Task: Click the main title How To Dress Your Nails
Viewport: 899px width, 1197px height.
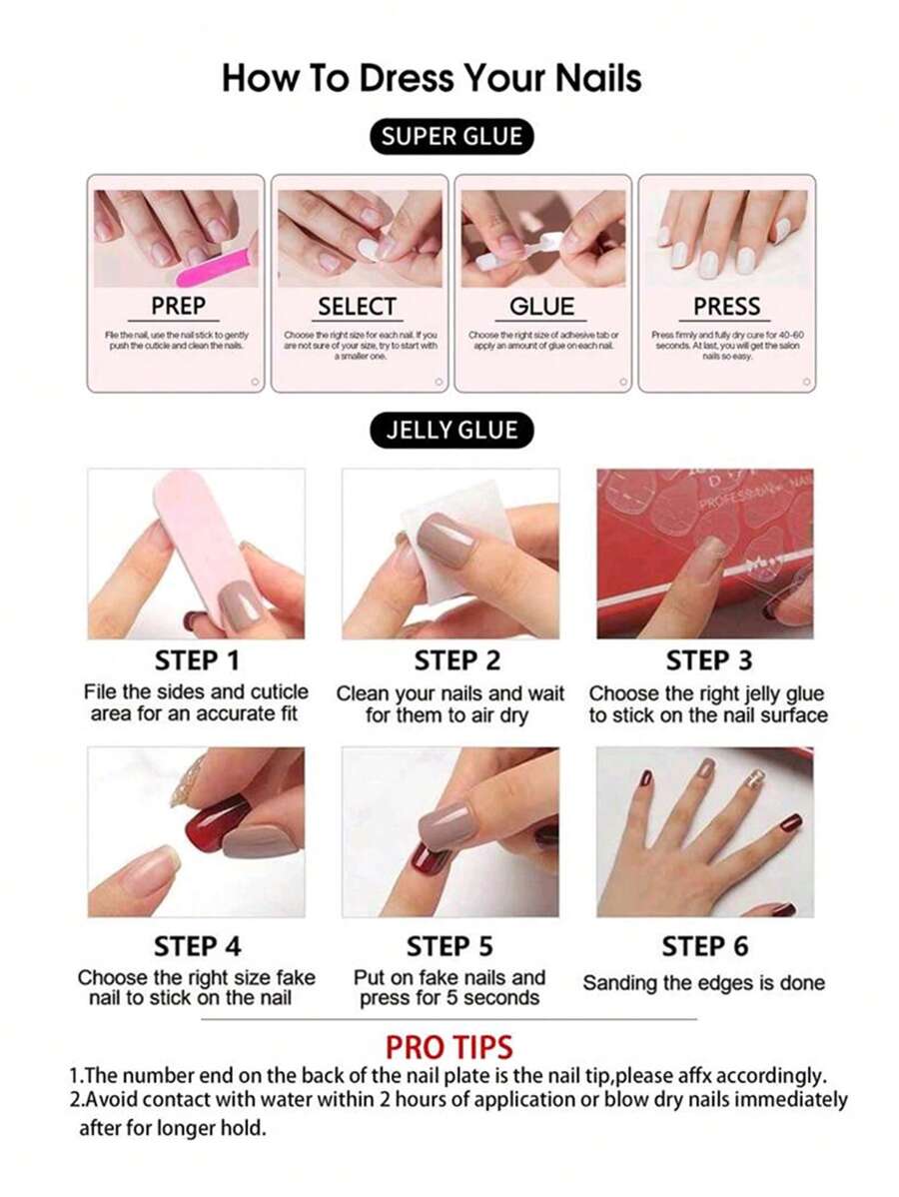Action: (432, 77)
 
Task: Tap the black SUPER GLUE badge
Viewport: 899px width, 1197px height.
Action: (451, 137)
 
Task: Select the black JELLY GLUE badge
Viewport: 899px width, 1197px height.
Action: (451, 431)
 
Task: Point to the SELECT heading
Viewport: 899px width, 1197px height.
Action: (357, 307)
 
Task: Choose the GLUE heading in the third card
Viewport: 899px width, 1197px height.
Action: (542, 307)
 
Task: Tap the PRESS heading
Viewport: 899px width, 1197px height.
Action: (726, 307)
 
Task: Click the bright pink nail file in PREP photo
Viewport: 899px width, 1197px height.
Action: (218, 264)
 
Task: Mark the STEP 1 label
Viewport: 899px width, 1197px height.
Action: (198, 661)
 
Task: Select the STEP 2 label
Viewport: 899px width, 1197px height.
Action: (456, 661)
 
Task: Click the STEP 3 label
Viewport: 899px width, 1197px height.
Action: (708, 661)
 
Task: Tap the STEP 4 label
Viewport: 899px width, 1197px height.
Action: (198, 946)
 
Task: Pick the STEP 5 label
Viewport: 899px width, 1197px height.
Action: (449, 946)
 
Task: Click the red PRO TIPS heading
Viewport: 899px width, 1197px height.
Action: (449, 1047)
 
